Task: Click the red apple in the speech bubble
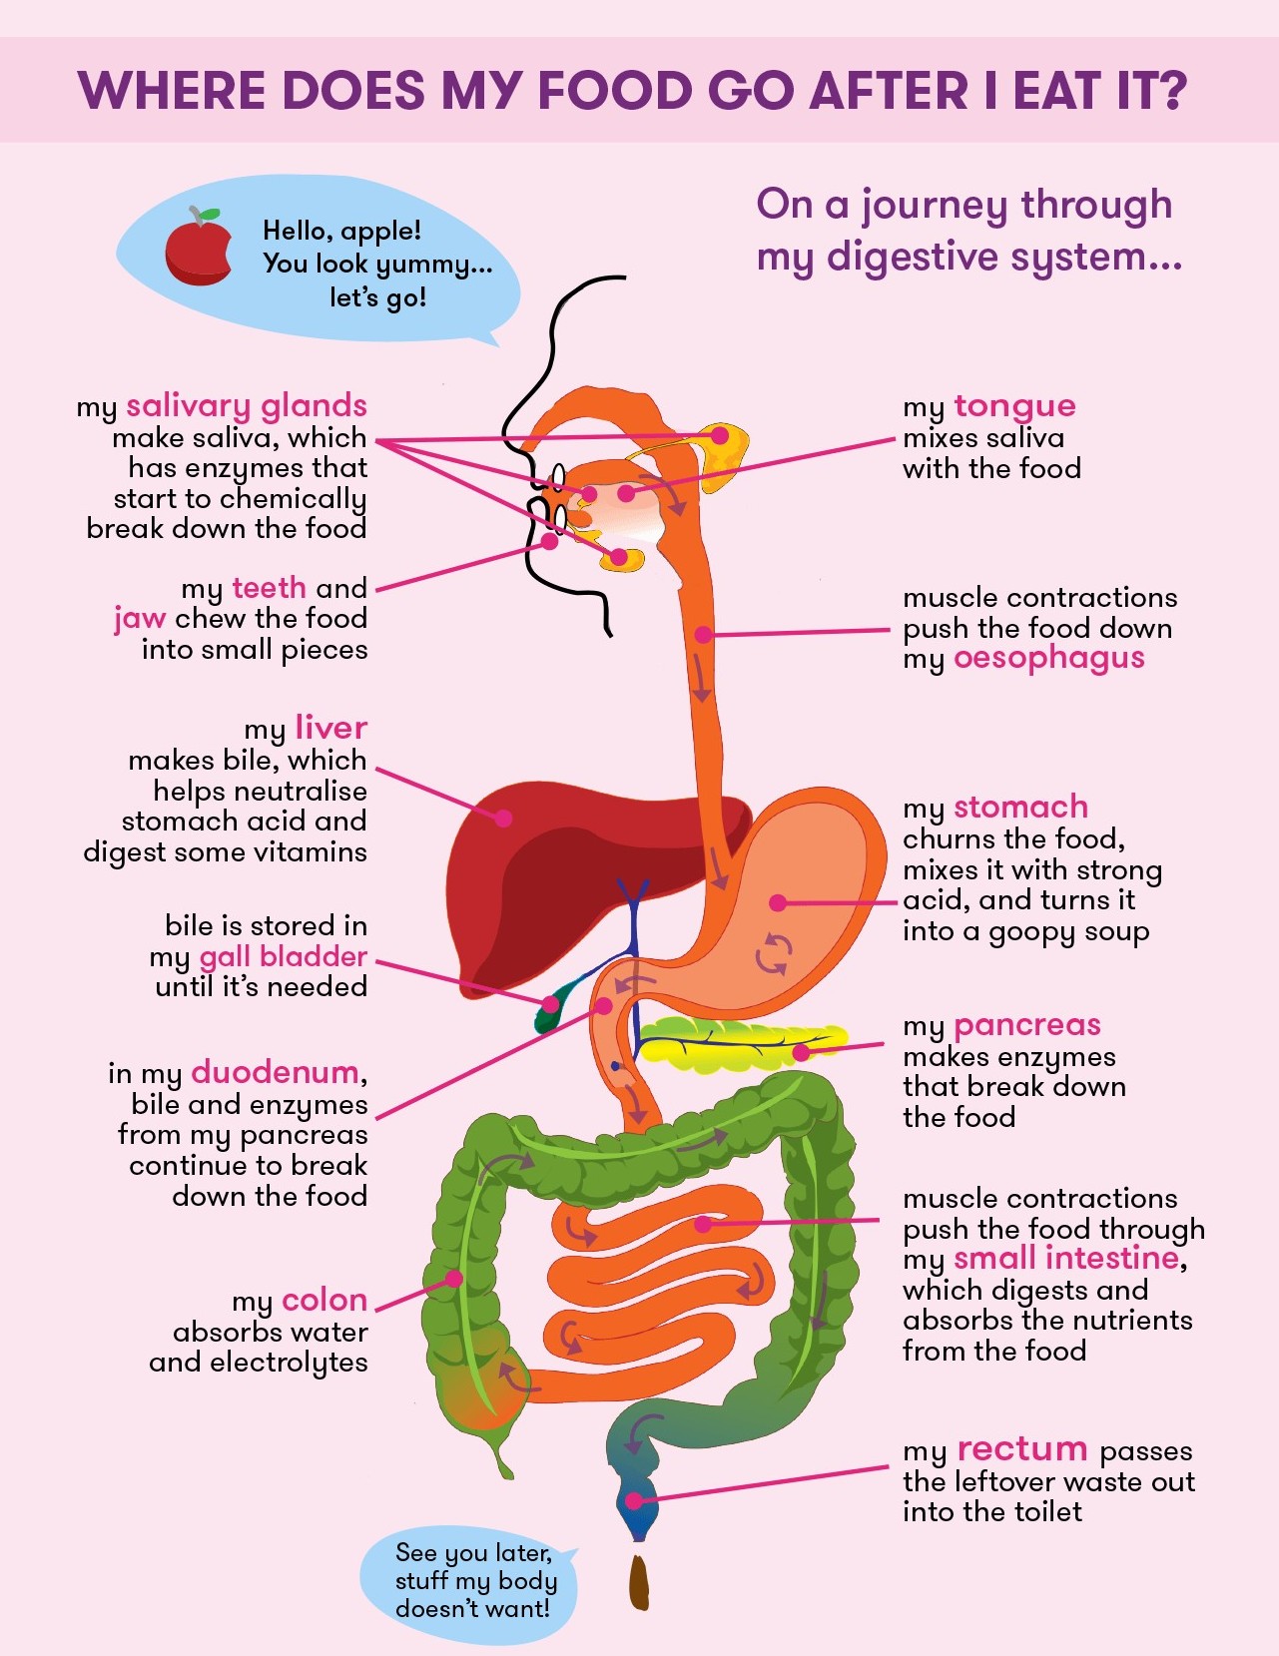(198, 248)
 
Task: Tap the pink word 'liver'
(330, 728)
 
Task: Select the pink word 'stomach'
(1020, 807)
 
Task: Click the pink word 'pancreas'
(1026, 1025)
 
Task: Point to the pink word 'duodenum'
(275, 1072)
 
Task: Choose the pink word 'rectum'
(1021, 1449)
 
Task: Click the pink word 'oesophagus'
(1048, 659)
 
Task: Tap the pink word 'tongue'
(1014, 405)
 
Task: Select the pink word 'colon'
(324, 1301)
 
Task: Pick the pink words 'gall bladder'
(284, 956)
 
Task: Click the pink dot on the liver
(503, 818)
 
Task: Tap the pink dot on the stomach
(778, 902)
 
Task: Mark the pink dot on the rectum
(634, 1500)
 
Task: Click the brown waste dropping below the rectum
(639, 1581)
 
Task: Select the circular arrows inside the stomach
(774, 953)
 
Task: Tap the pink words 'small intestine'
(1065, 1259)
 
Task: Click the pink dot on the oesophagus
(703, 634)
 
